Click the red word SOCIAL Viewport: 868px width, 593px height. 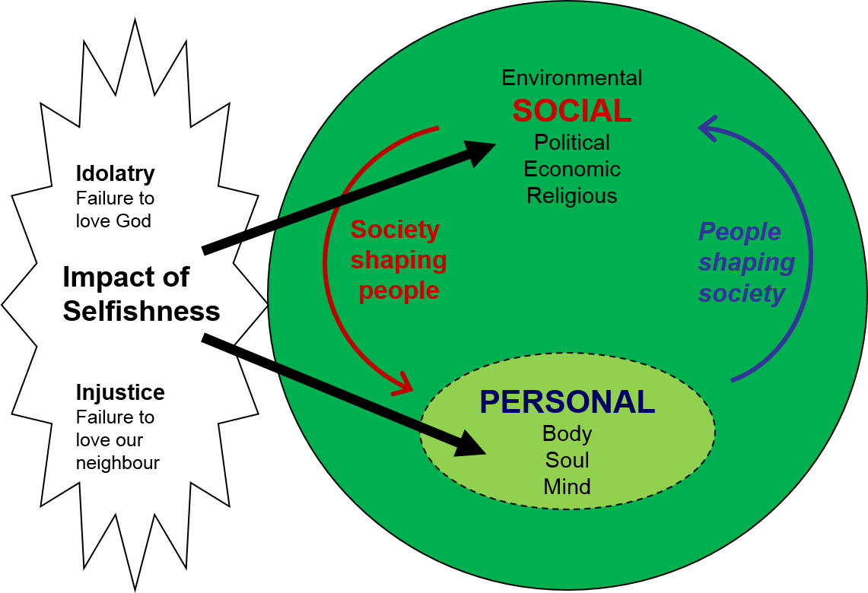pyautogui.click(x=572, y=112)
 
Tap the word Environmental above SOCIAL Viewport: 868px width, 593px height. pyautogui.click(x=572, y=78)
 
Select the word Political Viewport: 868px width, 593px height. pyautogui.click(x=572, y=142)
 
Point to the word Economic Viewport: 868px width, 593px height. pyautogui.click(x=572, y=169)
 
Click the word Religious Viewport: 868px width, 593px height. pyautogui.click(x=572, y=195)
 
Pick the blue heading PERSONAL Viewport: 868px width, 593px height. pyautogui.click(x=568, y=402)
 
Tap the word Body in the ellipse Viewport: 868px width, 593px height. pyautogui.click(x=568, y=433)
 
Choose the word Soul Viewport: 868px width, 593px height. pyautogui.click(x=568, y=460)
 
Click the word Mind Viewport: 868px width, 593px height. pyautogui.click(x=568, y=487)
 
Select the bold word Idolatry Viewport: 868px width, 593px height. pyautogui.click(x=115, y=173)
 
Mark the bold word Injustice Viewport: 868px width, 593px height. pyautogui.click(x=120, y=392)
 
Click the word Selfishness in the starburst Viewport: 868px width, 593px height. pyautogui.click(x=141, y=311)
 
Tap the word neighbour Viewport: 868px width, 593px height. pyautogui.click(x=118, y=462)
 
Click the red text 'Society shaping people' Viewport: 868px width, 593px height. pyautogui.click(x=398, y=260)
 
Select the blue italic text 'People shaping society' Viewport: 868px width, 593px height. pyautogui.click(x=746, y=262)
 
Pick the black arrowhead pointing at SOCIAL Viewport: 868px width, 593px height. pyautogui.click(x=479, y=151)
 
